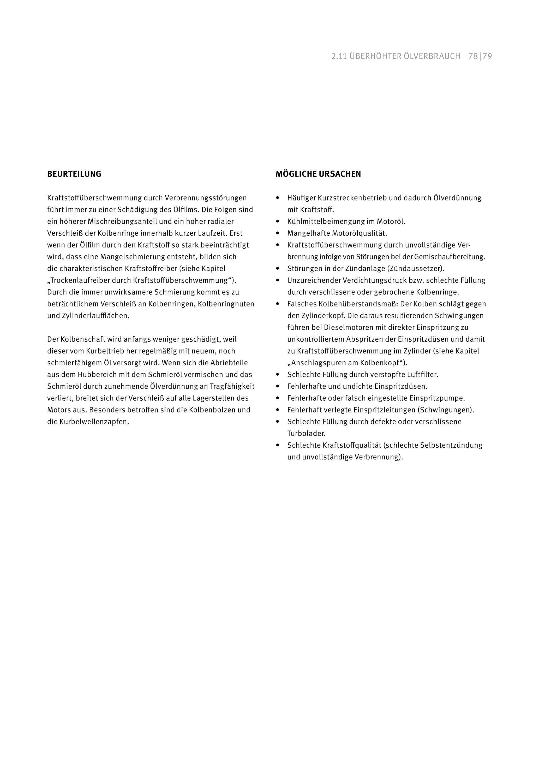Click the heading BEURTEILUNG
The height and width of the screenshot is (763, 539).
coord(74,174)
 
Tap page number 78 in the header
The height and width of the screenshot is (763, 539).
coord(473,56)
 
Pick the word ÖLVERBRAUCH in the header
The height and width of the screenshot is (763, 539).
coord(432,56)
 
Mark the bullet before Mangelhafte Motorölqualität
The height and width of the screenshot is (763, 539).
coord(278,233)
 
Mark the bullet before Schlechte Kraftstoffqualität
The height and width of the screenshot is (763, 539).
coord(278,445)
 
